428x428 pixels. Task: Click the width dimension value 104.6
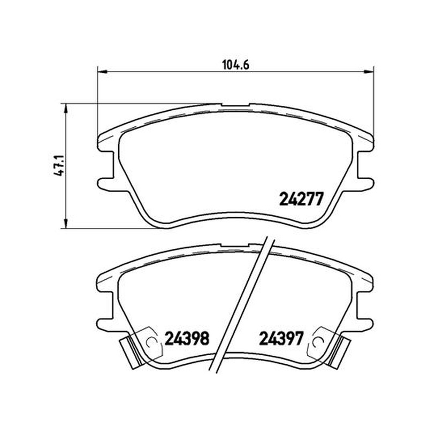pyautogui.click(x=235, y=65)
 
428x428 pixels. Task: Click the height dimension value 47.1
pyautogui.click(x=59, y=165)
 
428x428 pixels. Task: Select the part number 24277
pyautogui.click(x=301, y=198)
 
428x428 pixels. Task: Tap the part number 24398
pyautogui.click(x=187, y=339)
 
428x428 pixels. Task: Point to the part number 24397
pyautogui.click(x=281, y=339)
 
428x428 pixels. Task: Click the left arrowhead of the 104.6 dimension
pyautogui.click(x=102, y=72)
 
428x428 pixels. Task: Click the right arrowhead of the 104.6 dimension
pyautogui.click(x=369, y=72)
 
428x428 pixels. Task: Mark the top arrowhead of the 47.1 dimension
pyautogui.click(x=65, y=108)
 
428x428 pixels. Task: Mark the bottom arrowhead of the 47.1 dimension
pyautogui.click(x=65, y=224)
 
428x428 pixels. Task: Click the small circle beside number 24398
pyautogui.click(x=151, y=342)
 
